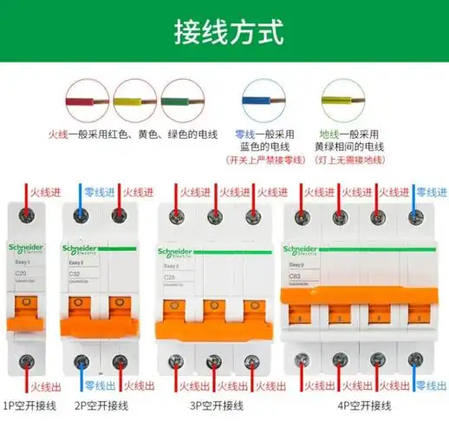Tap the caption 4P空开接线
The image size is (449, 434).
364,405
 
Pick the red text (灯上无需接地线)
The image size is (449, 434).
353,160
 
